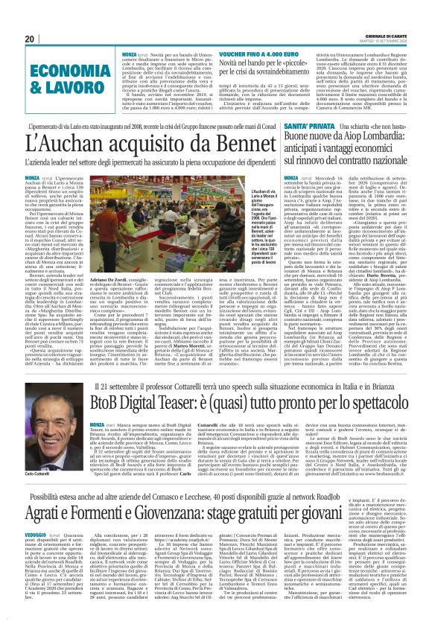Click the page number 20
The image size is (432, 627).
[31, 39]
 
